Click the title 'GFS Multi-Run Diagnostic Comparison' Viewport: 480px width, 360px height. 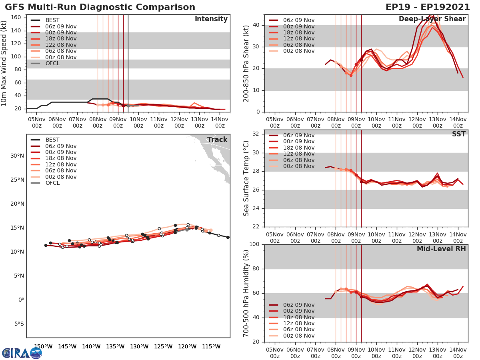[x=100, y=7]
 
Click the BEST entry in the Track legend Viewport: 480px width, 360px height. [x=52, y=140]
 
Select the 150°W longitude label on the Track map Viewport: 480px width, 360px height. [x=43, y=346]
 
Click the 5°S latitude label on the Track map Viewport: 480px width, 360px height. [x=18, y=324]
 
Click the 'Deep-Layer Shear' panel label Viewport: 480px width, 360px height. [x=432, y=19]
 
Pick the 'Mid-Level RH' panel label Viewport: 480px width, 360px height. [x=441, y=249]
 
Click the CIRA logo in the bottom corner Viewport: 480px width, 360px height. [x=22, y=353]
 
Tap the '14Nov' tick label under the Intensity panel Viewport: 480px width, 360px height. [x=220, y=123]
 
